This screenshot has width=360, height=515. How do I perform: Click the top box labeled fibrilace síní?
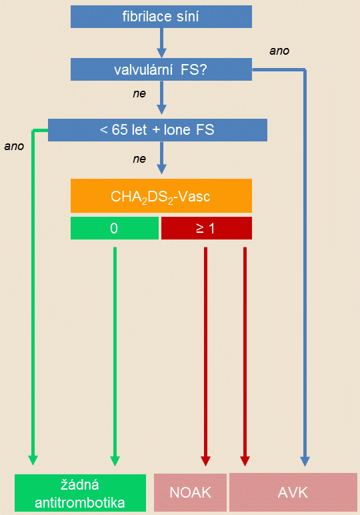point(161,17)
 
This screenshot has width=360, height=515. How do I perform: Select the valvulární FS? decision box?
point(161,69)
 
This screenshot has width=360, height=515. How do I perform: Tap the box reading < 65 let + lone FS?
point(157,130)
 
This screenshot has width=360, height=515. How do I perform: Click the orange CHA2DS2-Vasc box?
point(161,195)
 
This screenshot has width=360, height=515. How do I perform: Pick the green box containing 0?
point(115,228)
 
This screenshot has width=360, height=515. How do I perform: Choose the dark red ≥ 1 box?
point(207,228)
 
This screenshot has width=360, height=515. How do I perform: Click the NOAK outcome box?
point(191,492)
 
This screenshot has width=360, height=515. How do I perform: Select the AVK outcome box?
point(293,492)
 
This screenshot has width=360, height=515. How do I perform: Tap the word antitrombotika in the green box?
point(80,502)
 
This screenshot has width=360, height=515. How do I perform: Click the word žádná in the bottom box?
point(80,485)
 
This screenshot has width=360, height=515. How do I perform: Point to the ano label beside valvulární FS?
point(279,51)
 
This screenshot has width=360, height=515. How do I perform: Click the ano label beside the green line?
point(14,146)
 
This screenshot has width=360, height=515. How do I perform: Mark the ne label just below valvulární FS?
point(139,93)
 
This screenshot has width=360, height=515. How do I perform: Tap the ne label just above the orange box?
point(139,159)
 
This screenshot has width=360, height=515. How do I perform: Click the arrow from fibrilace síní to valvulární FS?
point(161,43)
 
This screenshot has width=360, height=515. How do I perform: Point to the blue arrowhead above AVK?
point(305,461)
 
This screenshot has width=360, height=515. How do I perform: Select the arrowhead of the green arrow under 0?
point(115,461)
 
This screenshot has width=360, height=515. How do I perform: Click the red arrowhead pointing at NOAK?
point(205,461)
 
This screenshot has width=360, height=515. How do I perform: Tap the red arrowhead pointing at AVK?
point(245,461)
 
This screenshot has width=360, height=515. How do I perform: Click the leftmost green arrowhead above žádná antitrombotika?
point(33,460)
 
